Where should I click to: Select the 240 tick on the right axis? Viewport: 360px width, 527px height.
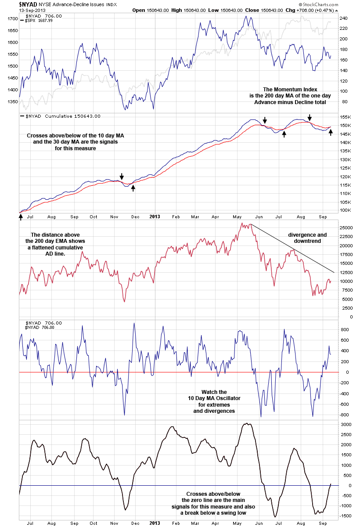[x=343, y=18]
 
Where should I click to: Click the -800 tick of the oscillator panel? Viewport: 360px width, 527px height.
[x=345, y=415]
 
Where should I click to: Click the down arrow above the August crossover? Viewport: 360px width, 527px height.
[x=310, y=117]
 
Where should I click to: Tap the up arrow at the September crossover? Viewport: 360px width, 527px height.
[x=331, y=132]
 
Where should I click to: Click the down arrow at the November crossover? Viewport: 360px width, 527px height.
[x=122, y=176]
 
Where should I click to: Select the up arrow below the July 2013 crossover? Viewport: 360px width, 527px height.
[x=284, y=134]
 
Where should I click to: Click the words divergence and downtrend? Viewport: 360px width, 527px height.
[x=307, y=238]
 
